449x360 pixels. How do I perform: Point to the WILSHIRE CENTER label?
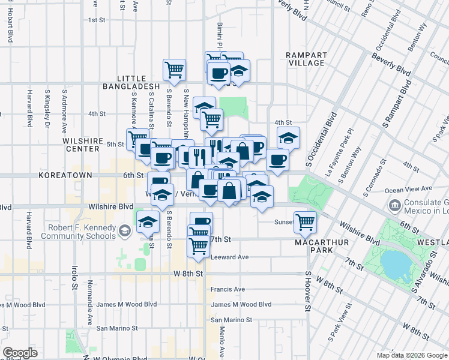(x=80, y=145)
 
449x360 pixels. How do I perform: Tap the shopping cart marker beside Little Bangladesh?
(x=174, y=69)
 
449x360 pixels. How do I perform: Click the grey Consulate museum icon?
(x=395, y=206)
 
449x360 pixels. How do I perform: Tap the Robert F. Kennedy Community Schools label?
(x=77, y=232)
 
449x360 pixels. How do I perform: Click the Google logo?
(x=20, y=353)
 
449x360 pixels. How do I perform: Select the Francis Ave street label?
(x=228, y=289)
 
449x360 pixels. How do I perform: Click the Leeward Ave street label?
(x=229, y=257)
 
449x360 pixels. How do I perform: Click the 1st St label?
(x=97, y=20)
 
